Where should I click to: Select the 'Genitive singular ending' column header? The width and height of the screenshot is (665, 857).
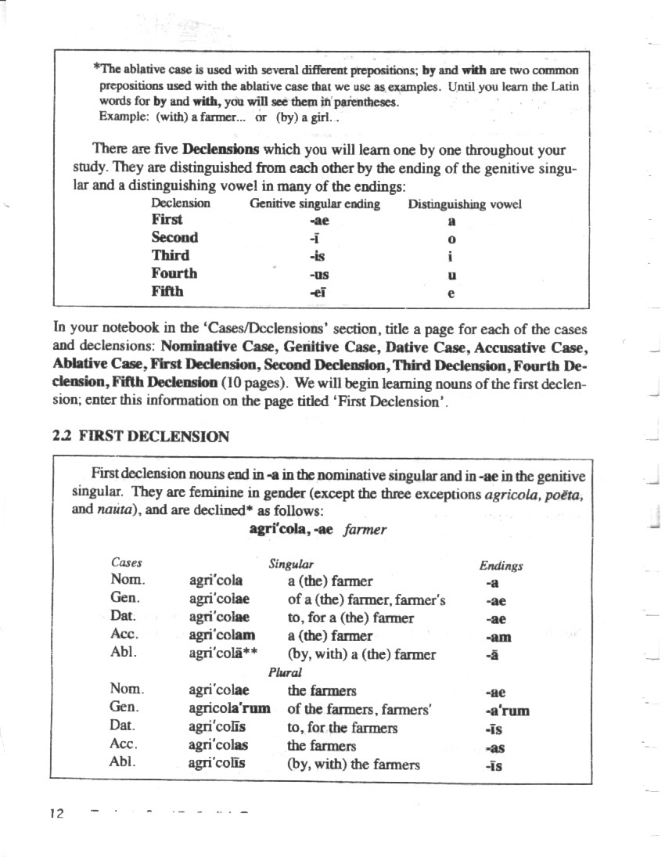click(x=315, y=204)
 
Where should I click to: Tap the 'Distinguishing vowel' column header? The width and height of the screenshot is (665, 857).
click(x=464, y=204)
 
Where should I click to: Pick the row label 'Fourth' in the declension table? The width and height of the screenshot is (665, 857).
click(x=174, y=273)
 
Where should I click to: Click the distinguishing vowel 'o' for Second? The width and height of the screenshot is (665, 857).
click(x=452, y=238)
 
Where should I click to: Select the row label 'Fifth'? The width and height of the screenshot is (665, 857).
click(x=167, y=291)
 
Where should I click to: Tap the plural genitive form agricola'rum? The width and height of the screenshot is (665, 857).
click(x=229, y=708)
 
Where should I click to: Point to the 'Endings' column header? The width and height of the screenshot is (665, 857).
click(x=501, y=565)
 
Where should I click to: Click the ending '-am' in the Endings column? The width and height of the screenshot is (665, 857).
click(x=493, y=637)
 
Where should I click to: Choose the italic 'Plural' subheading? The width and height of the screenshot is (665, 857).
click(x=285, y=672)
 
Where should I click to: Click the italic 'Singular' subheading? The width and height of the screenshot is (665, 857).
click(x=291, y=564)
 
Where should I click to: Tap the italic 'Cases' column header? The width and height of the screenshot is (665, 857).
click(x=127, y=563)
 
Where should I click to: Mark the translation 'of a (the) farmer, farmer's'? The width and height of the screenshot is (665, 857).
click(x=366, y=600)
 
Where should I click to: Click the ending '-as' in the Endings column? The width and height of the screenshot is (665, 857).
click(x=494, y=747)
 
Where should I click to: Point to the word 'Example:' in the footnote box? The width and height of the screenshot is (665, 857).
click(x=124, y=117)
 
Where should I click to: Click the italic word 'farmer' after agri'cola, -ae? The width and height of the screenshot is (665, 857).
click(x=365, y=530)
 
